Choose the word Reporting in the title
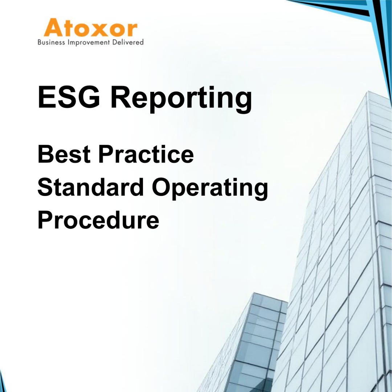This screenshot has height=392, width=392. point(181,98)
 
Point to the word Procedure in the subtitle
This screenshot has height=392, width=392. point(98,220)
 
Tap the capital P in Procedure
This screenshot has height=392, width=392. point(45,220)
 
